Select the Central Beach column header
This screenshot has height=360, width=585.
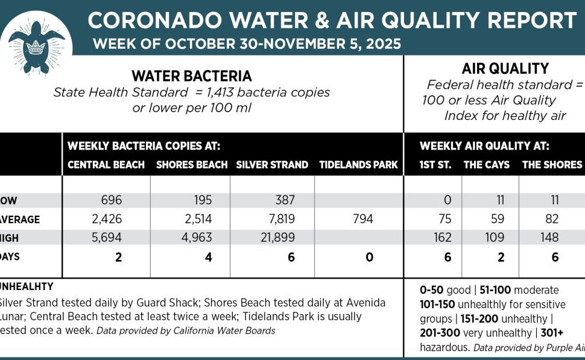coord(106,165)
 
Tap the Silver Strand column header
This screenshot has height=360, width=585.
coord(272,165)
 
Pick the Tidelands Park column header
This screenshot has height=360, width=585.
coord(358,165)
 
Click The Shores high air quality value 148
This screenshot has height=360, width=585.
coord(549,238)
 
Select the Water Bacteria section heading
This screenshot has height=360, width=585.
coord(192,77)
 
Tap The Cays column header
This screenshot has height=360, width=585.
coord(486,165)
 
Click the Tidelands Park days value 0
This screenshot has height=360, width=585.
coord(369,257)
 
